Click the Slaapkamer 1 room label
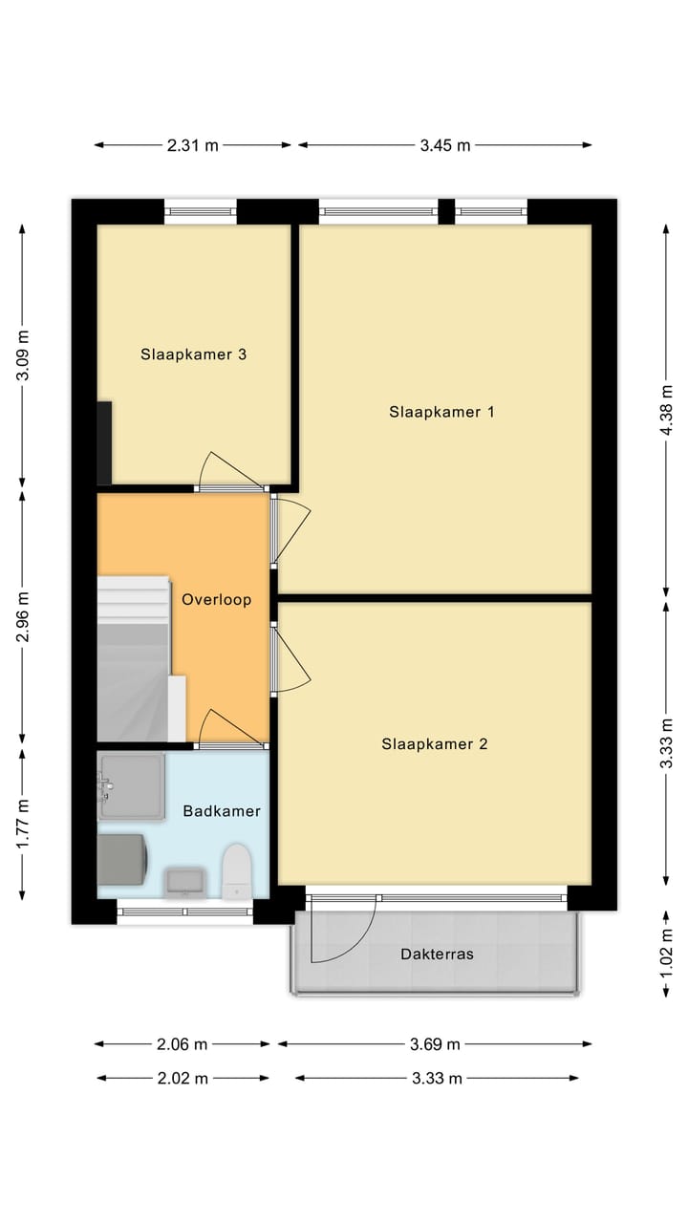(x=441, y=412)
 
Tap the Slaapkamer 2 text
(x=435, y=743)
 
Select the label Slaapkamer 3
(x=194, y=354)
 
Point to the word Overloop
(x=217, y=600)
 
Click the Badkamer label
(x=222, y=811)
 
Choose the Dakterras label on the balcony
(x=437, y=954)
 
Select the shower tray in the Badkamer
(x=132, y=785)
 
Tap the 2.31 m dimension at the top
(x=193, y=145)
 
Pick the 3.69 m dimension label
(x=434, y=1043)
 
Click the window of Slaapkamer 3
(x=201, y=211)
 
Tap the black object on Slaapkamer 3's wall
(x=104, y=442)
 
